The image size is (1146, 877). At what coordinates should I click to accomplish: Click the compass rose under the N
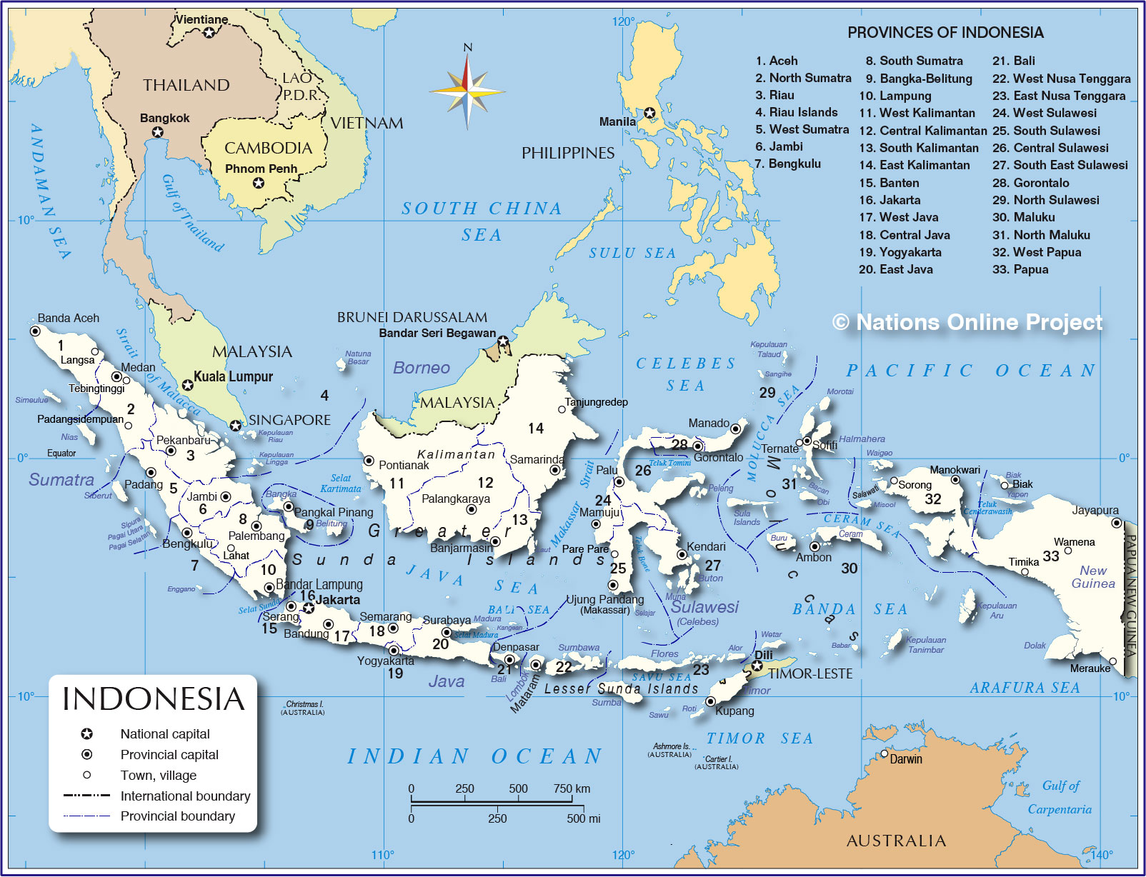(x=467, y=91)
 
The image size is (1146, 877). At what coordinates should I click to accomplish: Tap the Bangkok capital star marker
(x=158, y=132)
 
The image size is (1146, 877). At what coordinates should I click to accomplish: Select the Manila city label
(x=617, y=121)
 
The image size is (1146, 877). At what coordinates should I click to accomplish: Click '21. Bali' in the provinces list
(x=1013, y=61)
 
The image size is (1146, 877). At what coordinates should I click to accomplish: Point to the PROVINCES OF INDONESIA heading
(x=945, y=32)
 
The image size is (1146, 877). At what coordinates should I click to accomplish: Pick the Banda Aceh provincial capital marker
(x=34, y=331)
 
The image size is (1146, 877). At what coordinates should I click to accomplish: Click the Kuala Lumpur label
(x=233, y=376)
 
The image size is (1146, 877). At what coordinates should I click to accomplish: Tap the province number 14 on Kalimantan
(x=536, y=428)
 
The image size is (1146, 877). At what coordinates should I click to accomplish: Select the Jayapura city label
(x=1095, y=510)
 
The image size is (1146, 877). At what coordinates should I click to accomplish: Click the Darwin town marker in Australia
(x=885, y=753)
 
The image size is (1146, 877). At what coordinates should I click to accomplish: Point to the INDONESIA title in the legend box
(x=153, y=699)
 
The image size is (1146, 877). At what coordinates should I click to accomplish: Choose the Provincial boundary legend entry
(x=177, y=816)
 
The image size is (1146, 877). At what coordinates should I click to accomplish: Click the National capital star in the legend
(x=86, y=733)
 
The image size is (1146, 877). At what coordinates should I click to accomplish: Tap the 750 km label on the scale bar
(x=572, y=788)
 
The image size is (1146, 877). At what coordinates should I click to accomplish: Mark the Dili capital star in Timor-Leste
(x=757, y=666)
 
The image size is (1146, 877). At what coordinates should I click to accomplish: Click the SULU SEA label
(x=632, y=253)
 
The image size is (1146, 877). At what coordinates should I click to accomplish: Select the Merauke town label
(x=1090, y=668)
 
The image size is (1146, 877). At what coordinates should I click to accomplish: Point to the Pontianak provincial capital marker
(x=369, y=461)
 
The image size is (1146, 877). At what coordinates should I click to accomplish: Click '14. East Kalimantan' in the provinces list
(x=915, y=165)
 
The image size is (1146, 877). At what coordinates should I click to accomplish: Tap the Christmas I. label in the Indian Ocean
(x=304, y=704)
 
